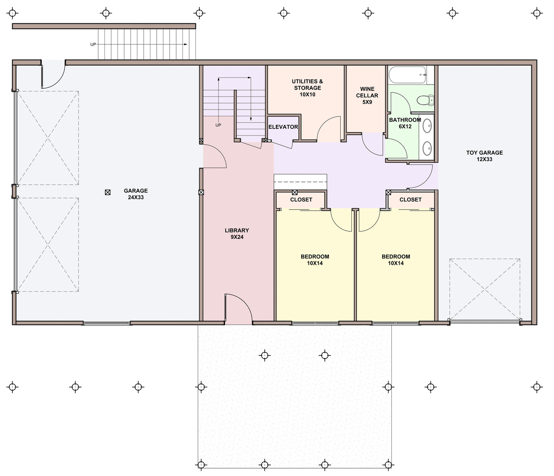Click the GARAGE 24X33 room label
click(136, 194)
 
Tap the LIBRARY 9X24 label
click(237, 233)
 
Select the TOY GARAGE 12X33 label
click(484, 156)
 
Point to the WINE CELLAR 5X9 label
click(367, 95)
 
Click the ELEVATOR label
click(283, 127)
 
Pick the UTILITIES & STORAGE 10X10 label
click(307, 88)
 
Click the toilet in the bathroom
click(426, 100)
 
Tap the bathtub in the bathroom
click(408, 75)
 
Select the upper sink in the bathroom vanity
click(427, 126)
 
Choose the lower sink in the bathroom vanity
click(427, 148)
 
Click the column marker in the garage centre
click(108, 192)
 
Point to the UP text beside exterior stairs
click(93, 44)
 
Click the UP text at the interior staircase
click(218, 125)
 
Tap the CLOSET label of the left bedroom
click(301, 199)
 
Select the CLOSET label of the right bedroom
click(410, 199)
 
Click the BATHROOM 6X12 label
click(405, 123)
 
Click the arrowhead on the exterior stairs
click(186, 44)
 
